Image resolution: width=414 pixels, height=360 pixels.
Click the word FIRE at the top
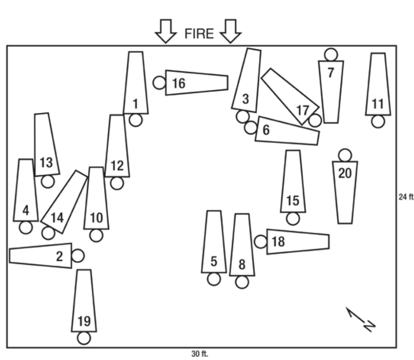[199, 34]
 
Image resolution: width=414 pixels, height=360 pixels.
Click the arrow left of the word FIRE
[166, 31]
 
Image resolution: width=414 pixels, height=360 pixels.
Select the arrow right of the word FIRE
[230, 31]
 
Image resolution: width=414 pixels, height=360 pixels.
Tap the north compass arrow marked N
[360, 319]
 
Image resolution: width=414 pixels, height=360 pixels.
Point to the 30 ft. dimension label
[200, 354]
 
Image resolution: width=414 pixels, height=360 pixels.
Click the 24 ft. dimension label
[406, 197]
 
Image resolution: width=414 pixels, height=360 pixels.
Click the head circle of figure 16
[160, 83]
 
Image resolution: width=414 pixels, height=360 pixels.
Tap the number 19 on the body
[84, 321]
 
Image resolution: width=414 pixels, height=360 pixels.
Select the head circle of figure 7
[331, 54]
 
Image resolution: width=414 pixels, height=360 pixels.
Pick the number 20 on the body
[345, 173]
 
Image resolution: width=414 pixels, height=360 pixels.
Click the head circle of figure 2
[78, 256]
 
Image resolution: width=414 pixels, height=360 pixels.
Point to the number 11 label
[378, 104]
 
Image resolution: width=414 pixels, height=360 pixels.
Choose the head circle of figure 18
[261, 242]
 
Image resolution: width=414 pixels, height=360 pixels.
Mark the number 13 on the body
[46, 162]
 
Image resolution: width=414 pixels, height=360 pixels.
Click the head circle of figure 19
[84, 338]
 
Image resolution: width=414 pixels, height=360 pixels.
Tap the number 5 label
[214, 261]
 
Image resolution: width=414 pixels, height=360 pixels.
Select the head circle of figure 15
[293, 219]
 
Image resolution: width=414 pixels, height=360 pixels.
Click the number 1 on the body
[135, 104]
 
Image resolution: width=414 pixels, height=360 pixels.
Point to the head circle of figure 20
[345, 155]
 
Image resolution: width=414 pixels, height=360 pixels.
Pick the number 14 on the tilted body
[57, 218]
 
